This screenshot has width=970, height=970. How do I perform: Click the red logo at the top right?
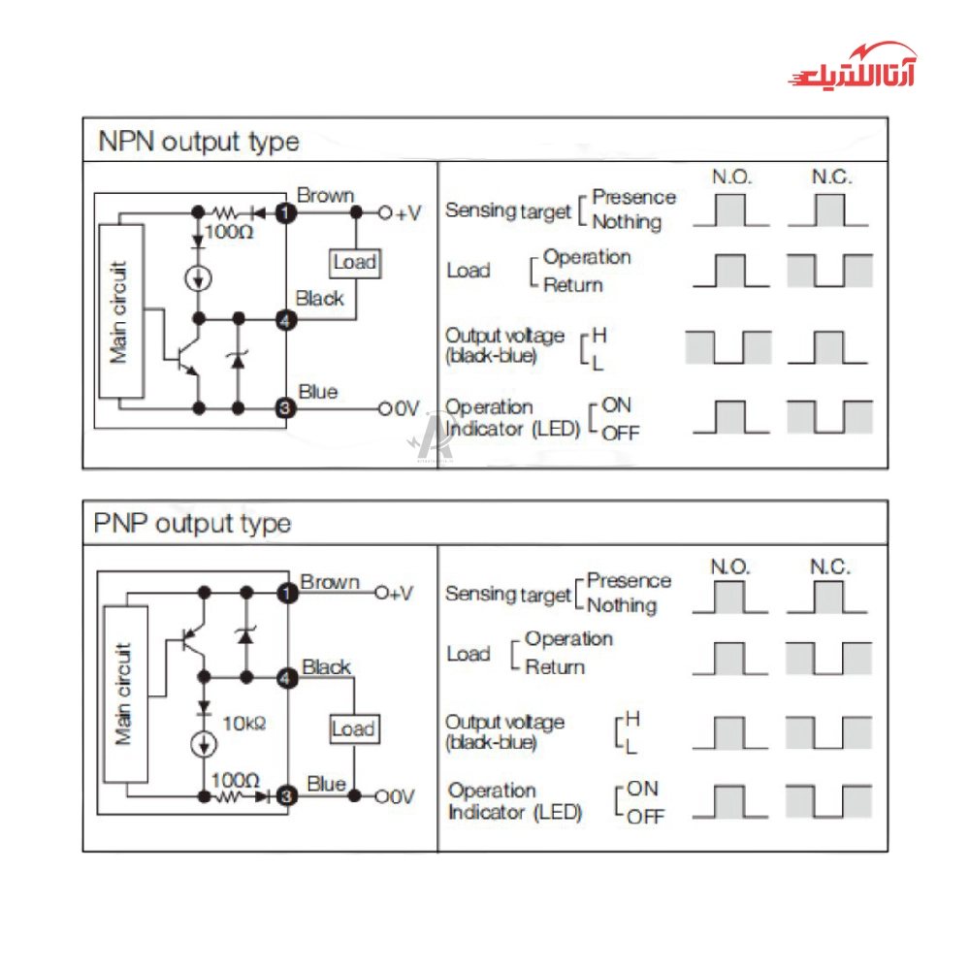(x=851, y=67)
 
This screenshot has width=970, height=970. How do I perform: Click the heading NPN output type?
(x=199, y=142)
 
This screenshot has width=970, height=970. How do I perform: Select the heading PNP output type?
(x=192, y=524)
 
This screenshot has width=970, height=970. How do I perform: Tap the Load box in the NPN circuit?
(x=354, y=262)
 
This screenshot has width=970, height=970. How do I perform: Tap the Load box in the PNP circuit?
(x=353, y=729)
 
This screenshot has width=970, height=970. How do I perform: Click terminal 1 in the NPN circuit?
(x=285, y=211)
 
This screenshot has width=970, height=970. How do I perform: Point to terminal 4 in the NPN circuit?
(x=285, y=318)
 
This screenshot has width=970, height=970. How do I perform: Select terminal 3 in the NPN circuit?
(x=285, y=408)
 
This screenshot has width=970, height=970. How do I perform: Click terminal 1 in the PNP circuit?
(x=285, y=592)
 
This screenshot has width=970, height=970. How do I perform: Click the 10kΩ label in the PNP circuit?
(x=243, y=724)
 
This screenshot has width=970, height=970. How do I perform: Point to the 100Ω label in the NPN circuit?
(x=230, y=233)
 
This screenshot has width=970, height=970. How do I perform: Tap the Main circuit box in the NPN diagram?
(x=120, y=310)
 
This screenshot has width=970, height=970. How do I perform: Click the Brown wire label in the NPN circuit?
(x=325, y=195)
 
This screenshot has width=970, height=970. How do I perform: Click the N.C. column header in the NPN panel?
(x=831, y=177)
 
